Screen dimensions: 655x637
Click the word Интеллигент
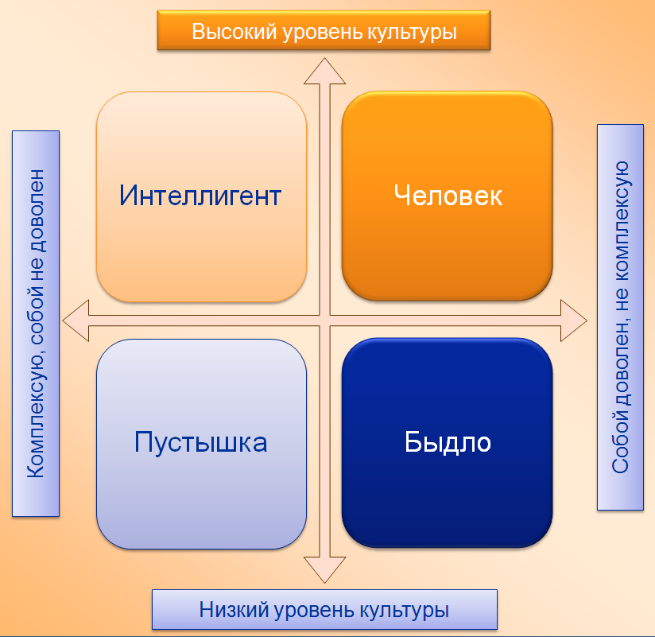(x=200, y=195)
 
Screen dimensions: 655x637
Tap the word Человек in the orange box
(x=448, y=195)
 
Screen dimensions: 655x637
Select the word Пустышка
(x=200, y=442)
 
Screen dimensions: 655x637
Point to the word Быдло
(x=448, y=442)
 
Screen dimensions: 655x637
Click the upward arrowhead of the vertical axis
(x=324, y=72)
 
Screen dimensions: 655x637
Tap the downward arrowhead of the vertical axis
(x=324, y=569)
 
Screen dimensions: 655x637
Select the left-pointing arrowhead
(x=76, y=320)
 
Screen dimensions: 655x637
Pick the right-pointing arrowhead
(x=574, y=320)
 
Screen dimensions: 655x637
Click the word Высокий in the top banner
(x=234, y=32)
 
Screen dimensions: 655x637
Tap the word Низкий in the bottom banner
(x=234, y=609)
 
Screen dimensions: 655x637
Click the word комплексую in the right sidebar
(x=621, y=221)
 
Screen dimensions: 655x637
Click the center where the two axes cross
(x=324, y=320)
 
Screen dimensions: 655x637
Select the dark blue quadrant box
(x=448, y=443)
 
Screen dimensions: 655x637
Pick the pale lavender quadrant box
(x=201, y=444)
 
